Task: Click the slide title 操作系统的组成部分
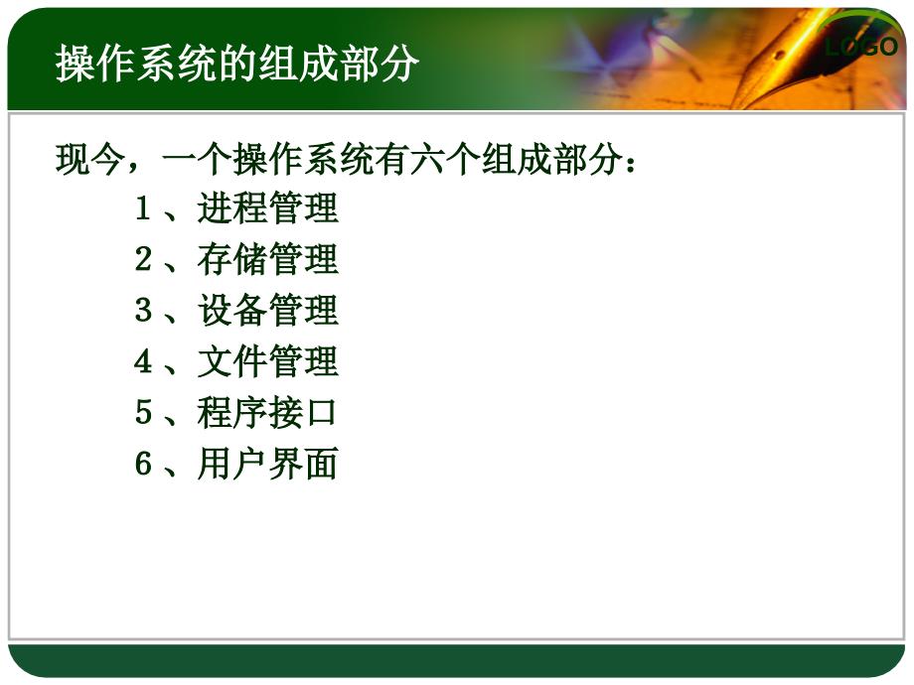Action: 237,63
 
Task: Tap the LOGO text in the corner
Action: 861,47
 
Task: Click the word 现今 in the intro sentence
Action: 89,159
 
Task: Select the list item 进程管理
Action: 267,207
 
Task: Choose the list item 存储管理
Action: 267,259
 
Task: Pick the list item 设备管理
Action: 267,310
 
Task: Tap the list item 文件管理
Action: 267,361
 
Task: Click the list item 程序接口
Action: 267,412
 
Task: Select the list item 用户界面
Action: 267,464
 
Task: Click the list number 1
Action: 143,207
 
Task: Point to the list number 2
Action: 143,259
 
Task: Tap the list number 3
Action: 143,310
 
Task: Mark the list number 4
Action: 143,361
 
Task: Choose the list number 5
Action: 143,412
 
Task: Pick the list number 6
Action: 143,464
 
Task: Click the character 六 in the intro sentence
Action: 427,159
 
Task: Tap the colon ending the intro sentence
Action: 630,163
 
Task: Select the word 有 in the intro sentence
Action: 392,159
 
